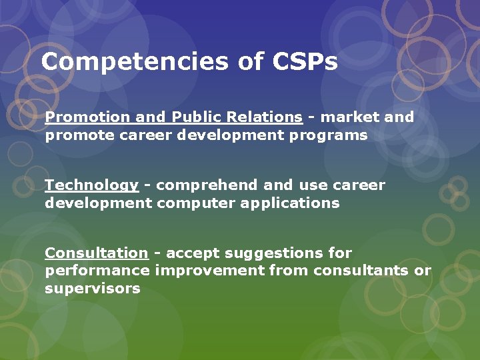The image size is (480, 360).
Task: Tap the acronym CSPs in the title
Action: coord(305,62)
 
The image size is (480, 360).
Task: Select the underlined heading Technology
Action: coord(91,185)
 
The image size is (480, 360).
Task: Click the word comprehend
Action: coord(207,185)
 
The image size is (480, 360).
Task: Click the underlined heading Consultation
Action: coord(96,253)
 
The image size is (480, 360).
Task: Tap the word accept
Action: coord(193,253)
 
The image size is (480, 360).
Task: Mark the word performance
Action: coord(97,271)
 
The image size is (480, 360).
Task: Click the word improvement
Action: coord(210,271)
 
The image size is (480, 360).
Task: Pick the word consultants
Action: coord(360,271)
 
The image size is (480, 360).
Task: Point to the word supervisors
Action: coord(93,289)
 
